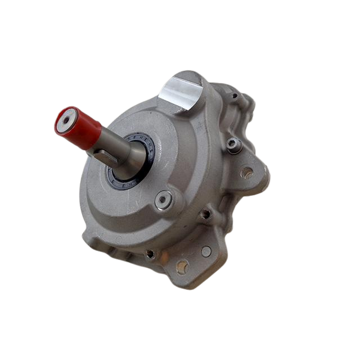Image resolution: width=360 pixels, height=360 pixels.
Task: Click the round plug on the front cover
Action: coord(164,198)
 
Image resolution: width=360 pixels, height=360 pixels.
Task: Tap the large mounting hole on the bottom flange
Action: coord(182,266)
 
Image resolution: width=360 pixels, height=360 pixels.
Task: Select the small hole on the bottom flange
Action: coord(206,251)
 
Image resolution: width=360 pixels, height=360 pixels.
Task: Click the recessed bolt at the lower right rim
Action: coord(206,214)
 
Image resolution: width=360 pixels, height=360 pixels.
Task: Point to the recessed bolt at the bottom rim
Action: coord(150,254)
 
